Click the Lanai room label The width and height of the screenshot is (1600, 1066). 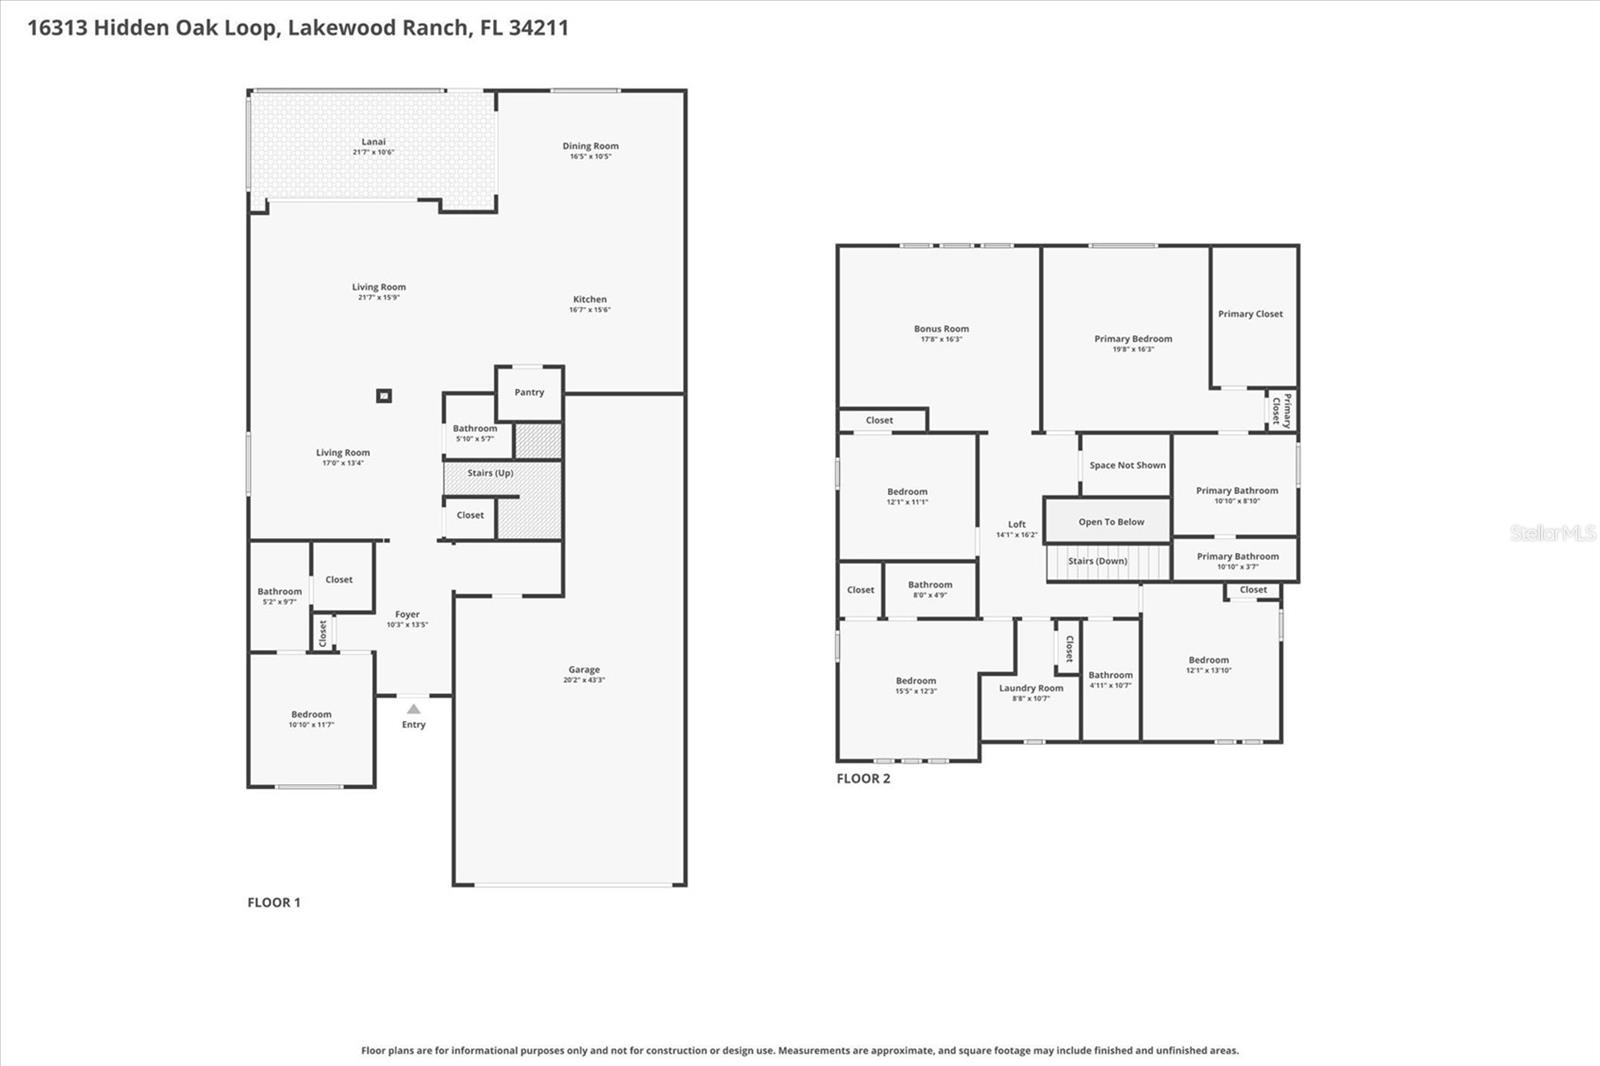[x=373, y=142]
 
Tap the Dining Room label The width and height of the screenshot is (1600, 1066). [x=590, y=146]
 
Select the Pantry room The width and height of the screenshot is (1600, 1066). [x=529, y=392]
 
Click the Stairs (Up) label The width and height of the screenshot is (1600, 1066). [x=490, y=473]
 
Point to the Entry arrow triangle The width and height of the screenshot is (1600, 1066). [x=413, y=709]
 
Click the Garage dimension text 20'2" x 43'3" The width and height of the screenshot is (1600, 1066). [x=584, y=681]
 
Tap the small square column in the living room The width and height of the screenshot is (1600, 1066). [x=383, y=396]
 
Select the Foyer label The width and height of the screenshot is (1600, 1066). [x=407, y=615]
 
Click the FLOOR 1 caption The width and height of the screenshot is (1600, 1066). [x=274, y=902]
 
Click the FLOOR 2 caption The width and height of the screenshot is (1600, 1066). [x=863, y=778]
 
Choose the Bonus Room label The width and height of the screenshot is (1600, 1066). [x=941, y=329]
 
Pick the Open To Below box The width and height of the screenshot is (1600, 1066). [x=1111, y=522]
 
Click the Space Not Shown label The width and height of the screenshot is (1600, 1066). [x=1127, y=465]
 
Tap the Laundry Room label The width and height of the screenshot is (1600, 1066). [x=1031, y=688]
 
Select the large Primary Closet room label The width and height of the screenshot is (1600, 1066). [x=1250, y=314]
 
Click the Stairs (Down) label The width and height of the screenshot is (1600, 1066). [x=1097, y=561]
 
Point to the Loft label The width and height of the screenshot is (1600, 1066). [x=1017, y=524]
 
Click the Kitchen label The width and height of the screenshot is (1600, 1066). [x=589, y=299]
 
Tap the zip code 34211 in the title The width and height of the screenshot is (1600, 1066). [x=538, y=28]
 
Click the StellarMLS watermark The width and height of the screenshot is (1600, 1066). [x=1553, y=533]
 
